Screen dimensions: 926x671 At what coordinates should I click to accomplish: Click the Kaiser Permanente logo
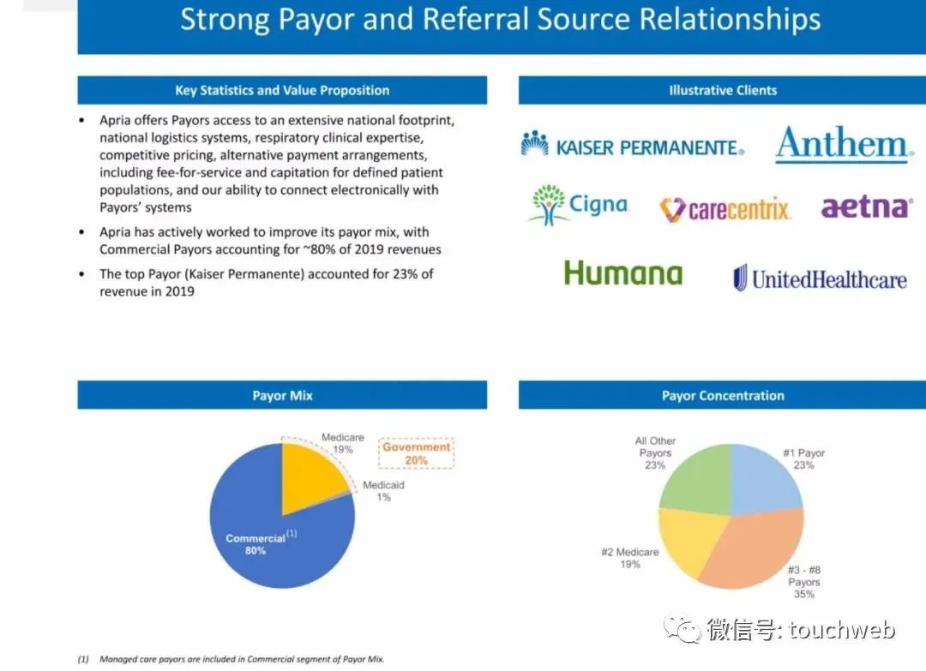pos(633,144)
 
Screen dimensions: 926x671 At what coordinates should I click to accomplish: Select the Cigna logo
pos(579,205)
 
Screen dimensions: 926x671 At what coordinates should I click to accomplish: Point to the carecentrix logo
pos(725,209)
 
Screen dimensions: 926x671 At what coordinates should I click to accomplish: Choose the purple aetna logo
pos(866,207)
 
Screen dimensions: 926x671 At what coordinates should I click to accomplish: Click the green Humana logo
pos(623,273)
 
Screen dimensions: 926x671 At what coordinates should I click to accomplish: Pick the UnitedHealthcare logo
pos(820,278)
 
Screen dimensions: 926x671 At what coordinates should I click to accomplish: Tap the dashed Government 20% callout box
pos(417,453)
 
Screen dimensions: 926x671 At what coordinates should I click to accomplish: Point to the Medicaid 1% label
pos(383,491)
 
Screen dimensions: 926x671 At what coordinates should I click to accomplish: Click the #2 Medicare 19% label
pos(629,558)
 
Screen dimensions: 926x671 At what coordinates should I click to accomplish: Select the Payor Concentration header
pos(723,395)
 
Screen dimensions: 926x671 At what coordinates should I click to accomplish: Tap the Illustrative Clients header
pos(723,90)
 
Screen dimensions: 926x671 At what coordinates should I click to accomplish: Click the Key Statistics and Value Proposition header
pos(282,90)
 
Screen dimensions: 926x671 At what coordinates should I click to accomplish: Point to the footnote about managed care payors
pos(231,659)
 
